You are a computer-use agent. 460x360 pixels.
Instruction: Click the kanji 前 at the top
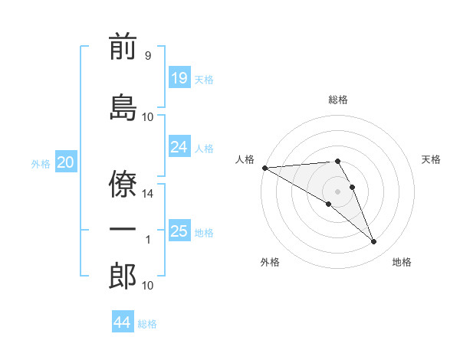click(x=123, y=46)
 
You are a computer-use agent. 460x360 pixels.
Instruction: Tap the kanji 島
click(x=123, y=107)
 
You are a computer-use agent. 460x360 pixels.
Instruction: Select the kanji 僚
click(x=123, y=184)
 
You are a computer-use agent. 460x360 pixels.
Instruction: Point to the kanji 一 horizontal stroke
click(x=123, y=229)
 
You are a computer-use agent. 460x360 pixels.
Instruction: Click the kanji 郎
click(x=123, y=276)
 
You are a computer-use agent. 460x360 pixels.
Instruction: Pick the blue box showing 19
click(x=179, y=77)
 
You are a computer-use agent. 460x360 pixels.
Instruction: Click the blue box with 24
click(x=179, y=146)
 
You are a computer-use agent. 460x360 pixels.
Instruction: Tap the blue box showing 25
click(x=179, y=230)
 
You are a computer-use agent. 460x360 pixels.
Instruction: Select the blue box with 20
click(x=66, y=162)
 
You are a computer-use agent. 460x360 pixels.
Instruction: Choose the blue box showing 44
click(x=123, y=321)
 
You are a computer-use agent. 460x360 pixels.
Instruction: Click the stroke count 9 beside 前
click(x=148, y=55)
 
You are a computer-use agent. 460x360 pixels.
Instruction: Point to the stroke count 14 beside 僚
click(x=147, y=194)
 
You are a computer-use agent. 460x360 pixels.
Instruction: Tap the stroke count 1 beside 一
click(x=148, y=240)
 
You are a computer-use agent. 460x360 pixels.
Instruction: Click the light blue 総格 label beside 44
click(x=147, y=324)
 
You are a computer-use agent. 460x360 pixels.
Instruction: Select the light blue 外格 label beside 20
click(x=41, y=164)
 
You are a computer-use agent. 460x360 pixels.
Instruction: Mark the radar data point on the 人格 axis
click(x=265, y=168)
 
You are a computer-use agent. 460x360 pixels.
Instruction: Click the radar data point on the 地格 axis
click(x=373, y=241)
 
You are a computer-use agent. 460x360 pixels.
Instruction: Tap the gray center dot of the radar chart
click(x=337, y=191)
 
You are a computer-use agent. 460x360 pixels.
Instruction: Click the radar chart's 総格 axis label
click(x=338, y=100)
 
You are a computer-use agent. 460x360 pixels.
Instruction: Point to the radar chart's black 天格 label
click(x=431, y=159)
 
